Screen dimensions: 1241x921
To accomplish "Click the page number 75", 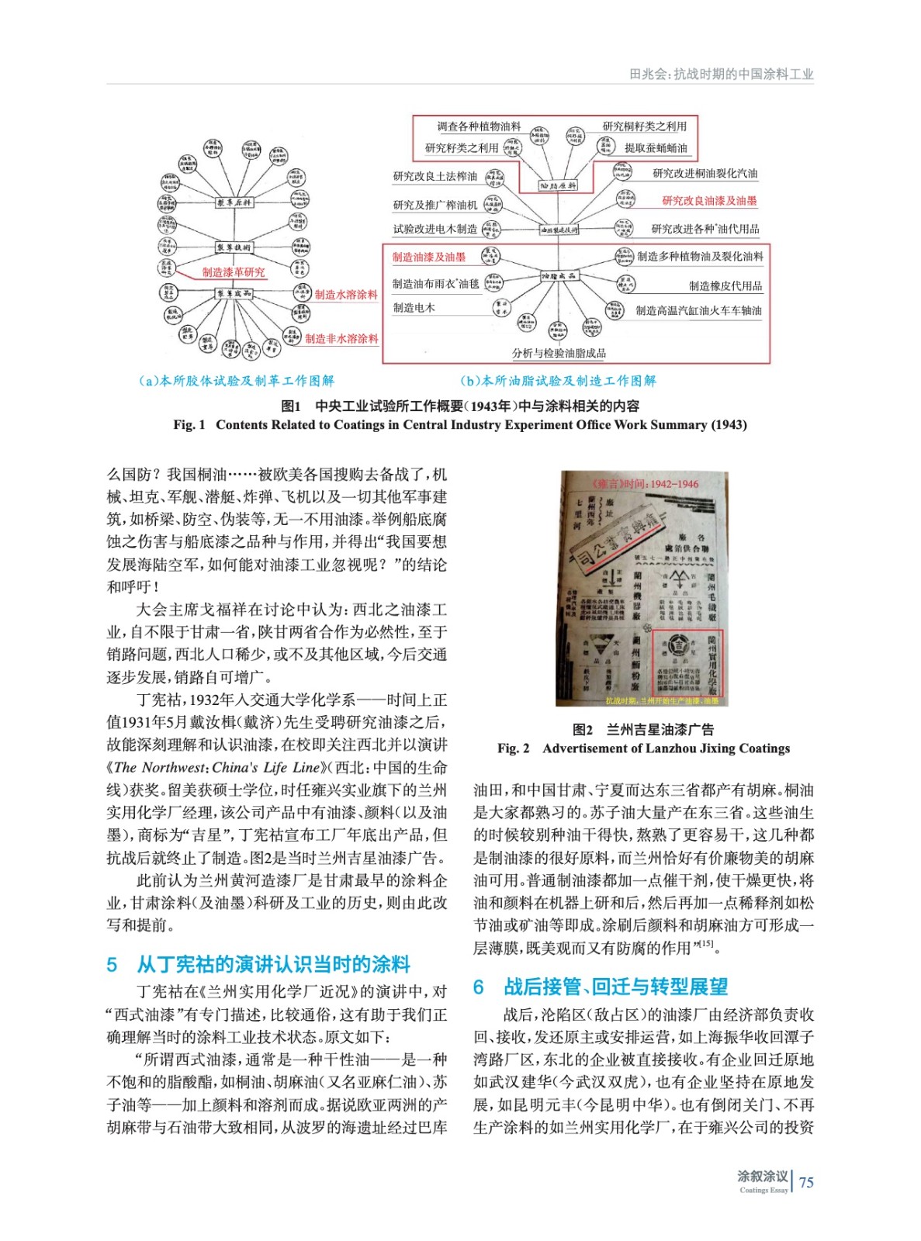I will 807,1182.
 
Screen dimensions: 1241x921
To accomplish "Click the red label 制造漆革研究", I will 234,272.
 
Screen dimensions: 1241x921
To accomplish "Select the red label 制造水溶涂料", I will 346,295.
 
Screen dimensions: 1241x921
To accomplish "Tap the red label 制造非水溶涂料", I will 341,339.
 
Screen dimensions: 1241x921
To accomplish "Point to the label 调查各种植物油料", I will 479,126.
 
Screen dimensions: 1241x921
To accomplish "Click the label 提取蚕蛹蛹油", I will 656,148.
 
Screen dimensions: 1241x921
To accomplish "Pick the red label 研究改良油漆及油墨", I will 709,201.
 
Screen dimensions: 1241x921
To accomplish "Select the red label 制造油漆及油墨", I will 428,257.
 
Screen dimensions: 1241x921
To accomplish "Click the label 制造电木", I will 414,308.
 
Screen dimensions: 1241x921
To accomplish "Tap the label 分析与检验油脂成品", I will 559,354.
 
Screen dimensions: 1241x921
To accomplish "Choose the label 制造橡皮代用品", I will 725,286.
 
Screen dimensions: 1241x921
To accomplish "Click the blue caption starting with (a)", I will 236,381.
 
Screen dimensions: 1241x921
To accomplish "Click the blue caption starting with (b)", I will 558,381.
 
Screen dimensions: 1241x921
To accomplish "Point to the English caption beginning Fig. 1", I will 460,425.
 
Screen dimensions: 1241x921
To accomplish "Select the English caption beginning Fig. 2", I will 643,748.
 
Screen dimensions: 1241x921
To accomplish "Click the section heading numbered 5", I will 258,964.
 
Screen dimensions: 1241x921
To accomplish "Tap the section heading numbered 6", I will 601,987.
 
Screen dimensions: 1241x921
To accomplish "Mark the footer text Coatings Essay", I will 763,1190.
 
